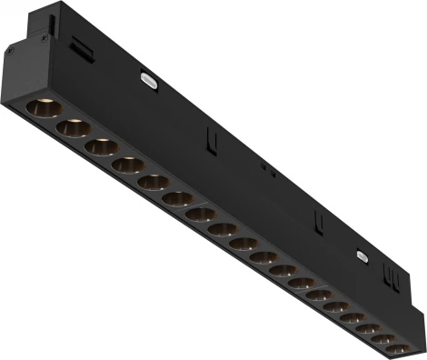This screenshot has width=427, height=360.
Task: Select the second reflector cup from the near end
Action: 73,128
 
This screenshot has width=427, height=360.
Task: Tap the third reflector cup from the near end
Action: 101,146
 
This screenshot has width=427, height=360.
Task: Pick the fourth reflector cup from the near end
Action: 127,165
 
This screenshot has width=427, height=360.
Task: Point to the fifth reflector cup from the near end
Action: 153,182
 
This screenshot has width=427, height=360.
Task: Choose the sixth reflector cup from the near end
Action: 177,198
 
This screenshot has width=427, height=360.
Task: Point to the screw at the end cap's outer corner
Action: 10,52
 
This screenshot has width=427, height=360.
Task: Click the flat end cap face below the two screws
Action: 20,73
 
